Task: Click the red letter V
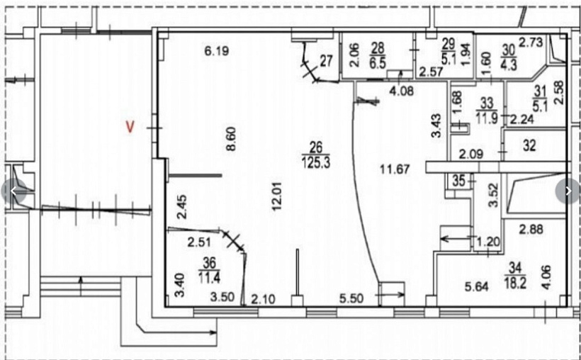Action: click(x=130, y=127)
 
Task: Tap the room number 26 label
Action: click(x=316, y=147)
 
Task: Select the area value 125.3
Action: click(x=316, y=162)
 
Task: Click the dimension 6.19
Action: click(x=217, y=51)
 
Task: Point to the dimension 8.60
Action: click(x=231, y=139)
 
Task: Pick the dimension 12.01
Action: click(x=276, y=196)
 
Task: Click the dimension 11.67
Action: click(x=395, y=169)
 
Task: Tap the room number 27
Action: click(x=326, y=61)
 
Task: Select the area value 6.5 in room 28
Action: click(x=378, y=63)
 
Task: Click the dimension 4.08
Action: click(x=402, y=91)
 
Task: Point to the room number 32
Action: click(x=530, y=145)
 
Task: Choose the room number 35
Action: click(x=458, y=181)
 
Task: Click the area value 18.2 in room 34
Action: click(x=515, y=283)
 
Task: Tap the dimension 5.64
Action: click(x=477, y=287)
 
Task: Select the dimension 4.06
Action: click(x=546, y=277)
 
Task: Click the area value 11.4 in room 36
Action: click(x=209, y=277)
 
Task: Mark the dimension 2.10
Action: click(x=263, y=299)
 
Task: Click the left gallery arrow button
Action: click(x=13, y=191)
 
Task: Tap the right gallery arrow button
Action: click(x=568, y=191)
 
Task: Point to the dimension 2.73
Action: click(x=531, y=42)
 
